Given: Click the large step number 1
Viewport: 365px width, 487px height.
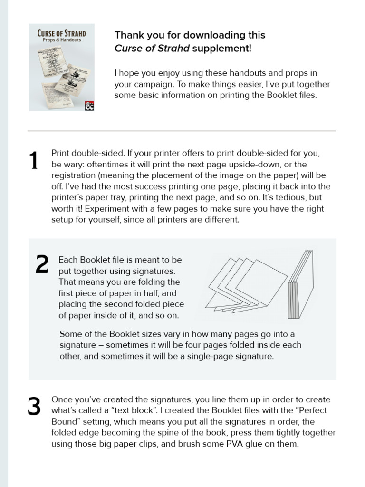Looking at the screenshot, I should tap(34, 161).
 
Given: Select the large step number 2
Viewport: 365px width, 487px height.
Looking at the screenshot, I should tap(42, 264).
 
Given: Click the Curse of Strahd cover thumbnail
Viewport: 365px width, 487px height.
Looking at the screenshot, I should tap(61, 67).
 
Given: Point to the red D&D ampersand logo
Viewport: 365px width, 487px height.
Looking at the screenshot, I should tap(89, 106).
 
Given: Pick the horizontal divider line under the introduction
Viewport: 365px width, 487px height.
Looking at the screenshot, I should tap(182, 131).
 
